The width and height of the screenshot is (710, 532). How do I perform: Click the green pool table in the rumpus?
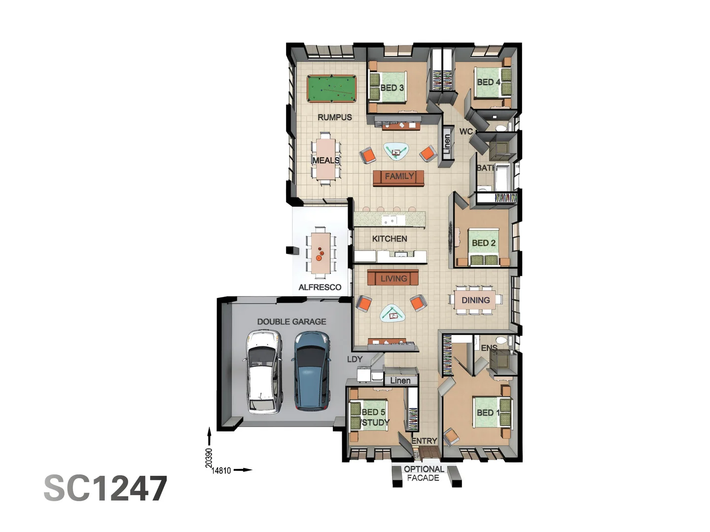point(331,88)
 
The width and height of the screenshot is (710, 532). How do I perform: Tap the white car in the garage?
point(263,372)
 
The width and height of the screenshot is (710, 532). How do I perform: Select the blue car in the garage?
point(312,371)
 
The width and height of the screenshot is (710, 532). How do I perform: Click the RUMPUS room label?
point(335,117)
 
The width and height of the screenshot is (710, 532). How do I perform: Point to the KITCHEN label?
point(390,239)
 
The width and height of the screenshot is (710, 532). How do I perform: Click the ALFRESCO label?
point(319,287)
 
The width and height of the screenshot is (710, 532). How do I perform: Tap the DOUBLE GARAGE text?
point(291,322)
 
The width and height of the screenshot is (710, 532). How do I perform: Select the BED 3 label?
point(392,88)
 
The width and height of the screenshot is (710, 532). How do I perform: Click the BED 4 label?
point(489,82)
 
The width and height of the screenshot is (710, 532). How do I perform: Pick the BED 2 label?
point(484,243)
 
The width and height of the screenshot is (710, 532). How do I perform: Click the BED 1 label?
point(488,412)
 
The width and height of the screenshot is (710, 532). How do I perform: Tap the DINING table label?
point(475,300)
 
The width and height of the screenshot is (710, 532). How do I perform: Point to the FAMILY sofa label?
point(399,176)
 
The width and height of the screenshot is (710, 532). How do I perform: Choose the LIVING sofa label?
point(393,279)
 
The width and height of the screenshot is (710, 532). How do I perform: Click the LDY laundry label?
point(355,359)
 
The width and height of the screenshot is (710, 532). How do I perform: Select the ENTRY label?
point(424,441)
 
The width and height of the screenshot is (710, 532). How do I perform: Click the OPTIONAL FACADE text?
point(424,473)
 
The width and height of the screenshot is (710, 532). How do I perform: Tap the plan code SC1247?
point(106,489)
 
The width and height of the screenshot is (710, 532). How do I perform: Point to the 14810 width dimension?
point(221,470)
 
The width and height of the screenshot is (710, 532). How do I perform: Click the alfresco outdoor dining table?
point(320,253)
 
